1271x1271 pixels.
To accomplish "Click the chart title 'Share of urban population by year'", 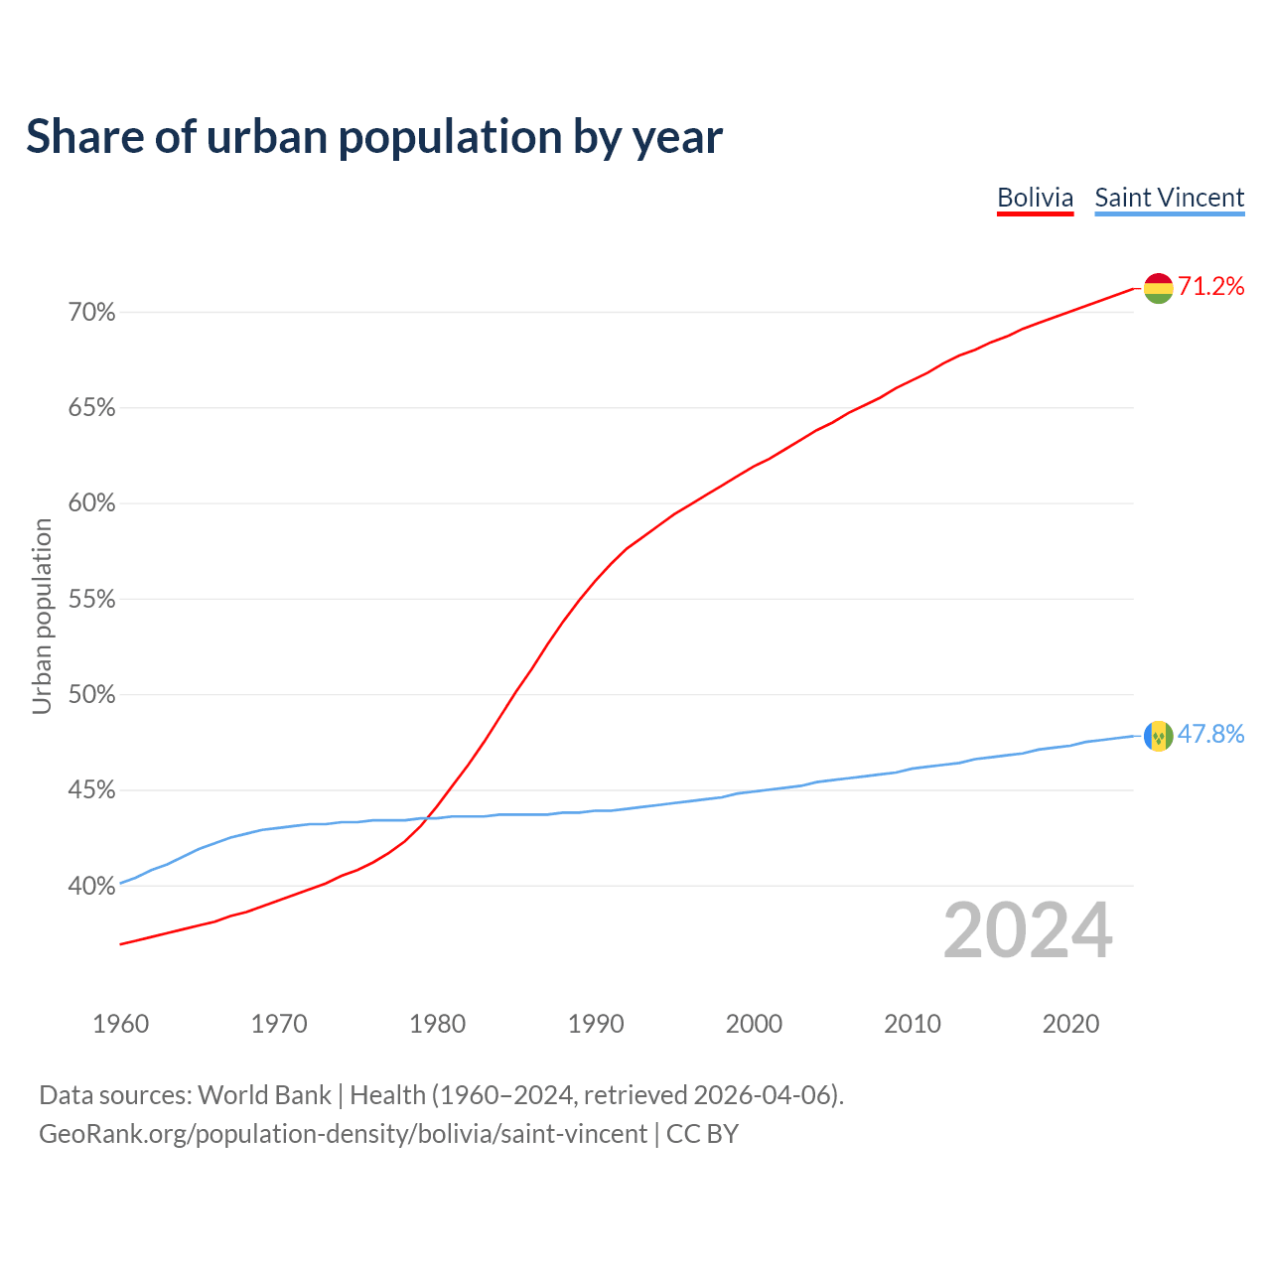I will pyautogui.click(x=374, y=137).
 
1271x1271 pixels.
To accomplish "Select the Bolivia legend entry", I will pyautogui.click(x=1035, y=198).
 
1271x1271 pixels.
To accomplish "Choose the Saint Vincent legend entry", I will pyautogui.click(x=1169, y=198).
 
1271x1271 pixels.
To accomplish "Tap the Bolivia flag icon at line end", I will pyautogui.click(x=1158, y=288).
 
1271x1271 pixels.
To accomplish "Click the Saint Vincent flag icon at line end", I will pyautogui.click(x=1158, y=736).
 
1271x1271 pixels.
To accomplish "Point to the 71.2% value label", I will pyautogui.click(x=1210, y=287).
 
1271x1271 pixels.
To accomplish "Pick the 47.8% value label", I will pyautogui.click(x=1210, y=735).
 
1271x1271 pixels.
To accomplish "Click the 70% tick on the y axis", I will pyautogui.click(x=91, y=313).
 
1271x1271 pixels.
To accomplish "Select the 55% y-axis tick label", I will pyautogui.click(x=91, y=600).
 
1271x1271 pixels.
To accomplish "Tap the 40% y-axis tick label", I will pyautogui.click(x=91, y=886).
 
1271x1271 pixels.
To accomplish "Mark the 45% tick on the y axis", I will pyautogui.click(x=91, y=790).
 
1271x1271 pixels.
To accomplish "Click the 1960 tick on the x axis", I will pyautogui.click(x=121, y=1024).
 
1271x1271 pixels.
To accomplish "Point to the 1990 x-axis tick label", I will pyautogui.click(x=596, y=1024).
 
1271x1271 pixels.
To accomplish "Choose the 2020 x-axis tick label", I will pyautogui.click(x=1070, y=1024).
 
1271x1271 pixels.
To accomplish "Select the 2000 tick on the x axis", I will pyautogui.click(x=754, y=1024).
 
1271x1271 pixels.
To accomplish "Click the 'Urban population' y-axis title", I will pyautogui.click(x=42, y=616).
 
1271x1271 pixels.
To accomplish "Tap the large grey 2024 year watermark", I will pyautogui.click(x=1028, y=930).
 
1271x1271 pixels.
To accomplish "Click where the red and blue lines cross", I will pyautogui.click(x=429, y=817).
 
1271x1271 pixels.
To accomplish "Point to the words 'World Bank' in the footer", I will pyautogui.click(x=264, y=1095).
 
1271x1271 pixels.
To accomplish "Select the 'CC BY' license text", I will pyautogui.click(x=702, y=1134).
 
